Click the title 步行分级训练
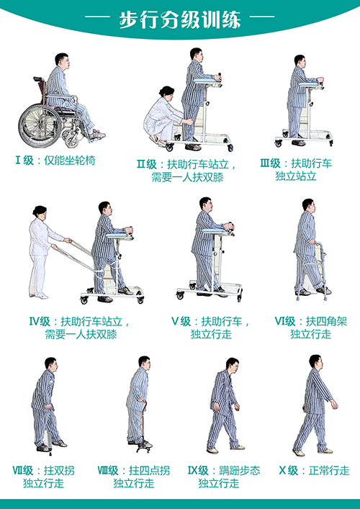pos(180,20)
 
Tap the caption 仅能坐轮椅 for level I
pos(69,161)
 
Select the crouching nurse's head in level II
pos(166,91)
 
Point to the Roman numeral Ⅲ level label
pos(265,163)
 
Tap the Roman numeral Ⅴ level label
pos(175,322)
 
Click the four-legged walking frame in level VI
pos(313,271)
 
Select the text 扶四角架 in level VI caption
pos(326,321)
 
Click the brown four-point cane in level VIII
pos(143,426)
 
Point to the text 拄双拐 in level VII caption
pos(59,470)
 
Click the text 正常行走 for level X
pos(329,470)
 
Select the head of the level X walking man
pos(315,361)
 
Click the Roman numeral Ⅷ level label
pos(103,470)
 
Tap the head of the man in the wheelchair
pos(62,60)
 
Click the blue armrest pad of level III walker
pos(308,84)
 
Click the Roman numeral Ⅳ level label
pos(35,322)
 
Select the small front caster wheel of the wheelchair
pos(72,140)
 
